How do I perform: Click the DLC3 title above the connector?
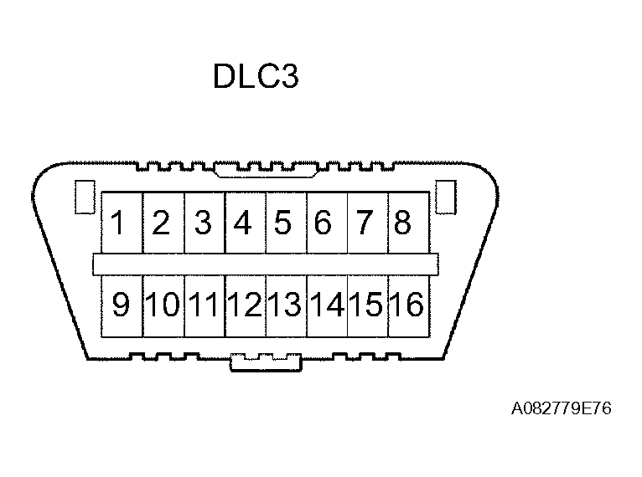pos(256,77)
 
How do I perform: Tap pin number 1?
pos(121,223)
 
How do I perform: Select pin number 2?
pos(162,223)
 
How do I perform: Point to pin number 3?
pos(203,223)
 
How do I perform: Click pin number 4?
pos(244,223)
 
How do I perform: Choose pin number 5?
pos(283,223)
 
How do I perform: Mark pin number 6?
pos(324,223)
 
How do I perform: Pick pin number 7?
pos(365,223)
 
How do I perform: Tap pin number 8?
pos(403,223)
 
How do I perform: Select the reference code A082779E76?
pos(562,408)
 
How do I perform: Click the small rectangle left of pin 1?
pos(83,197)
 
